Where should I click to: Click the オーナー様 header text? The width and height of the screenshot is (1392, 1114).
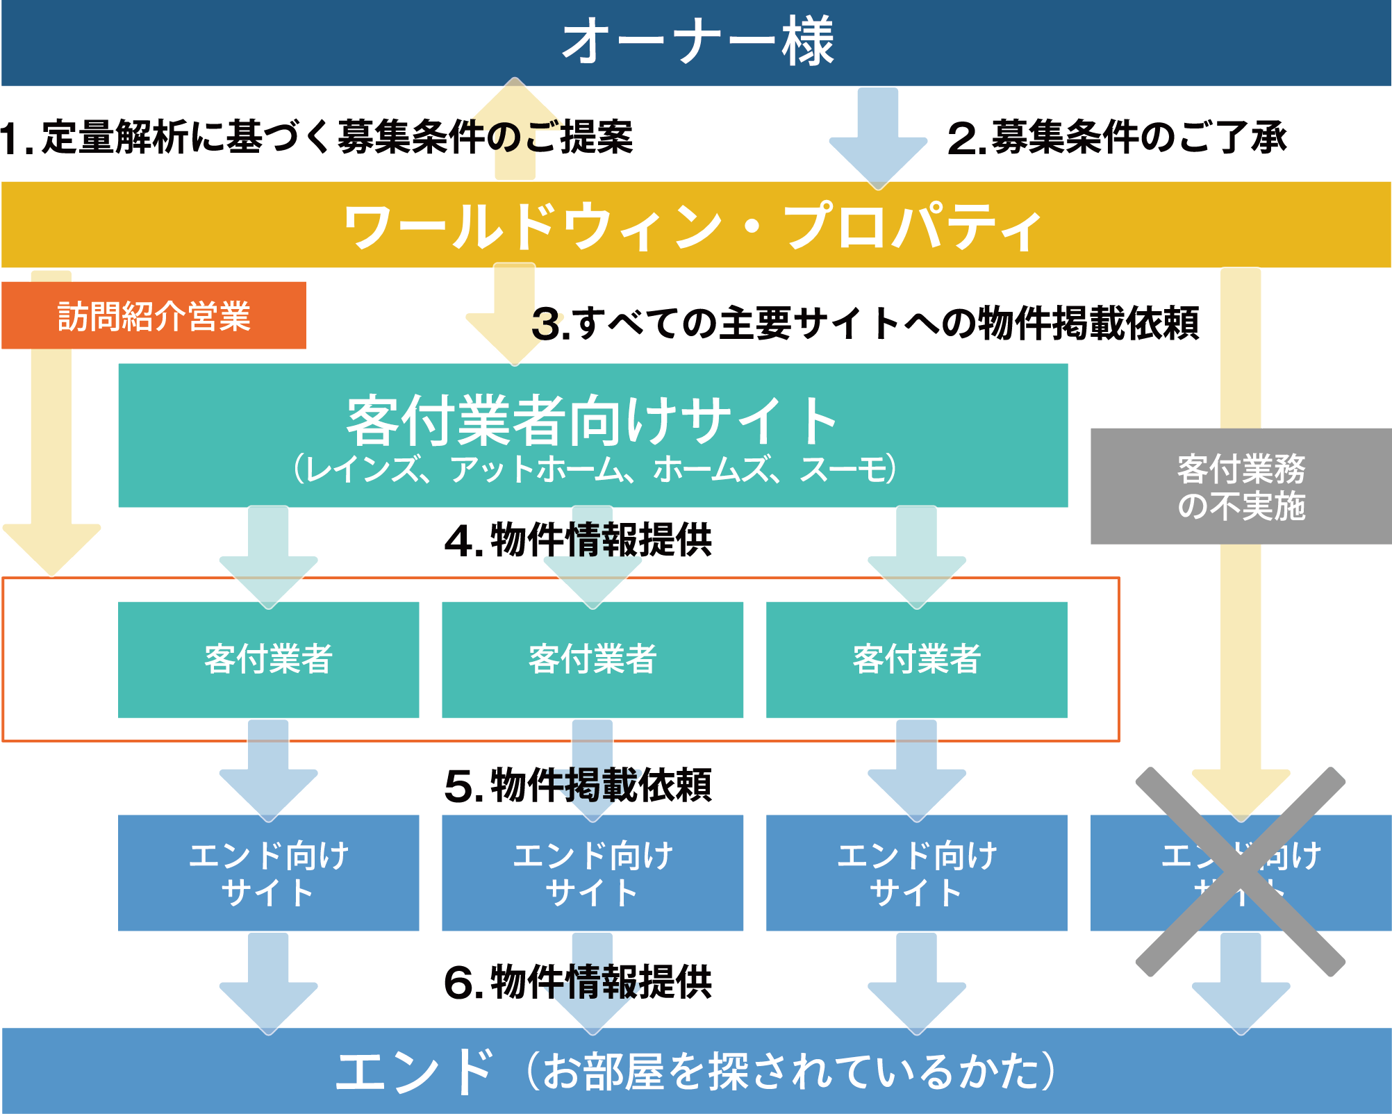[697, 42]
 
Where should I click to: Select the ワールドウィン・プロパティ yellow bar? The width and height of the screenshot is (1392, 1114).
[695, 225]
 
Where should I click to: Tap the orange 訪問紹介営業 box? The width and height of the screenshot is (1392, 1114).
[154, 316]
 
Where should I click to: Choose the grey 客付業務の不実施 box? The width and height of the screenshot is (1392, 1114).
[1241, 486]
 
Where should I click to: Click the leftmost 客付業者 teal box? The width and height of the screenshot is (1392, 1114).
[268, 659]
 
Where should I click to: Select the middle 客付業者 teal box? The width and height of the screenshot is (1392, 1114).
[593, 659]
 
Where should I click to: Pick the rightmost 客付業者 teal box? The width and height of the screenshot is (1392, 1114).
[916, 659]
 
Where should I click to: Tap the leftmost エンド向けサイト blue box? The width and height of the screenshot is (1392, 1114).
[268, 873]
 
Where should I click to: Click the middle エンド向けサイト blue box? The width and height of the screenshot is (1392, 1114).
[593, 873]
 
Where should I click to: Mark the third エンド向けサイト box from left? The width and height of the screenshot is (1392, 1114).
[916, 873]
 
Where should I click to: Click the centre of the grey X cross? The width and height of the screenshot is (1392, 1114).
[1241, 872]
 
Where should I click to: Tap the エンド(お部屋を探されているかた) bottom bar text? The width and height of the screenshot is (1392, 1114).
[695, 1071]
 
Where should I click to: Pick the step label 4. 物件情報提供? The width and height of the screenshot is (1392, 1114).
[578, 540]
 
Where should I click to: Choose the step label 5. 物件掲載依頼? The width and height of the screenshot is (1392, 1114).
[578, 785]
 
